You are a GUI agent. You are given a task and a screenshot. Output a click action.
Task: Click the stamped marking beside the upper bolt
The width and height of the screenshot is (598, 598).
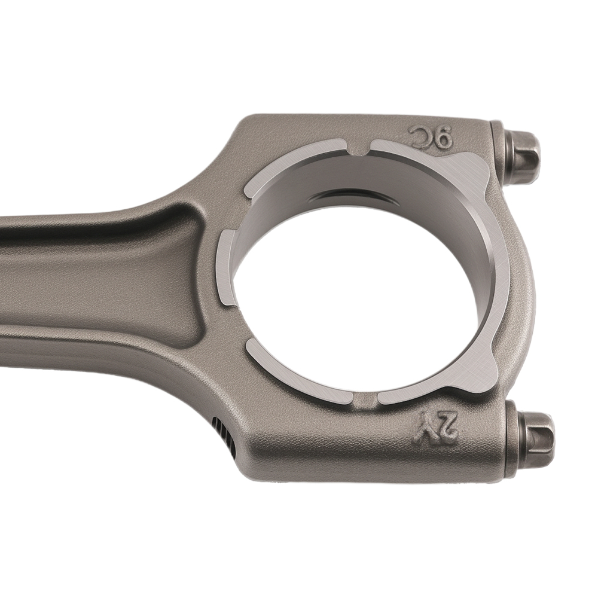(x=429, y=138)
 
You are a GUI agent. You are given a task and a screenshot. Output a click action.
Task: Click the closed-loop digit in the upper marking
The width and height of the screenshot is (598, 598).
(x=442, y=139)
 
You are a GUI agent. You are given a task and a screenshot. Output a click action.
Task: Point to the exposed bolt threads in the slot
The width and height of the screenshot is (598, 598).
(x=223, y=437)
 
